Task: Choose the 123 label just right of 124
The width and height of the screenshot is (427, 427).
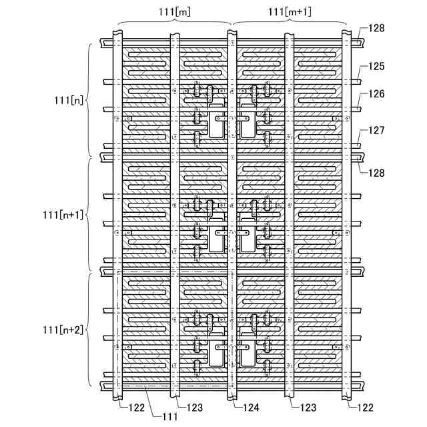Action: pos(301,407)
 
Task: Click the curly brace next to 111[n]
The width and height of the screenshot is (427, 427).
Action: pos(89,100)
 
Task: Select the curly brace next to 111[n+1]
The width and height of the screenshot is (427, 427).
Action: pos(89,214)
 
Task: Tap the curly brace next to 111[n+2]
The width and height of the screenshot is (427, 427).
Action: pos(89,330)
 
